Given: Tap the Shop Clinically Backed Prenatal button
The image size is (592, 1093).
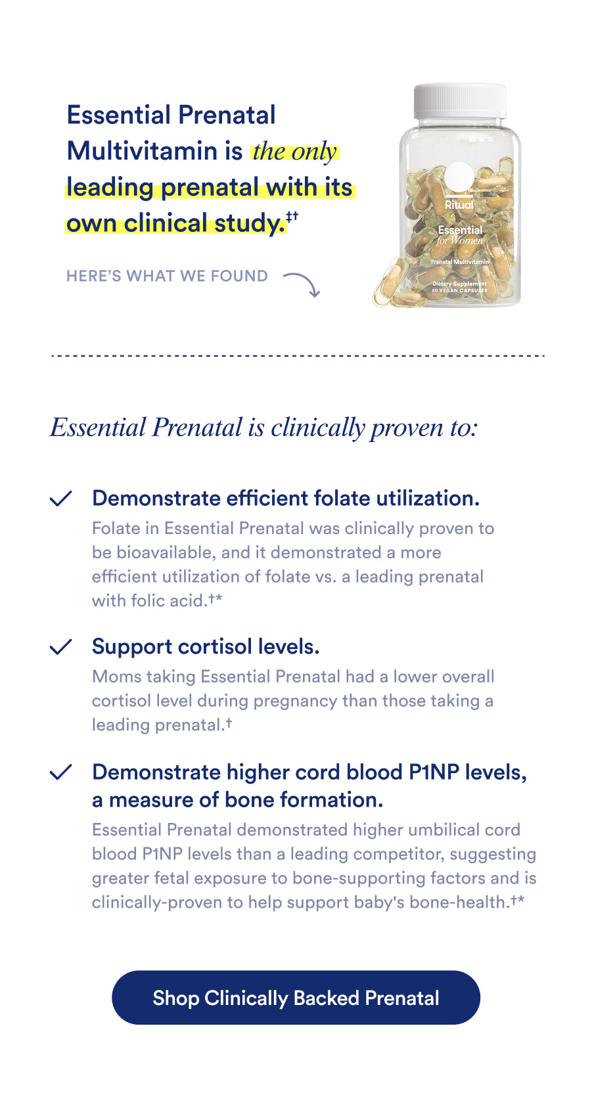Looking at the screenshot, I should coord(296,998).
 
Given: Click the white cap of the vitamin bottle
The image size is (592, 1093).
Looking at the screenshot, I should coord(460,102).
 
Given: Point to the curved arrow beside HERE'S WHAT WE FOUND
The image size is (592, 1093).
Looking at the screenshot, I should coord(303,283).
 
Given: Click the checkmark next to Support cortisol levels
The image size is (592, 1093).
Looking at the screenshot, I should coord(60,647).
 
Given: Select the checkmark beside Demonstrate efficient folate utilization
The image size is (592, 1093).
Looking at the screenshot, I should coord(60,499).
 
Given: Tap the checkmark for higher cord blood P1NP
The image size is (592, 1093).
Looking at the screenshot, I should coord(60,772).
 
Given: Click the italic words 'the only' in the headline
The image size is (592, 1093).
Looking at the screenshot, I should coord(294,151).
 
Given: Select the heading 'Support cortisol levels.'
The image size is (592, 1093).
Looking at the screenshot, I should coord(206,646).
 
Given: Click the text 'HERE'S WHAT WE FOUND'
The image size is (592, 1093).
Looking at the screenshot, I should coord(167,276).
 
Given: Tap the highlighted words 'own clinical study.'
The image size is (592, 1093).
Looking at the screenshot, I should coord(175,223).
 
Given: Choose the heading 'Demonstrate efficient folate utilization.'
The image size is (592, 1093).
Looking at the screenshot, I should coord(286,498).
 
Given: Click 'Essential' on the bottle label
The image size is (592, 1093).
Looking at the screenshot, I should coord(460,230).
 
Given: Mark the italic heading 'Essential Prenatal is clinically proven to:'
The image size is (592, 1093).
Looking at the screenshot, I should coord(263,428).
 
